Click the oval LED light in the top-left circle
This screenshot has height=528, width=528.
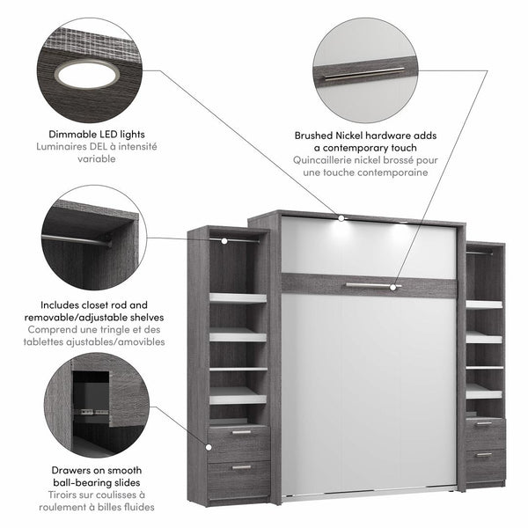(x=87, y=74)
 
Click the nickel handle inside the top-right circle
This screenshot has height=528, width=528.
(x=363, y=73)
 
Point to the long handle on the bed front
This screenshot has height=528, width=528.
(x=371, y=285)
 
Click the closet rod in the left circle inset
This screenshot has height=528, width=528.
(x=76, y=238)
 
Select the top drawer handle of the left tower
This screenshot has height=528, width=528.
(x=240, y=432)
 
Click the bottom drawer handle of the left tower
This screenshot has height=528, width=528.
(x=240, y=466)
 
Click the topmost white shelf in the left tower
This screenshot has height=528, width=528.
(x=238, y=298)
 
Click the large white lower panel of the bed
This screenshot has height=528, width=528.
(x=368, y=387)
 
